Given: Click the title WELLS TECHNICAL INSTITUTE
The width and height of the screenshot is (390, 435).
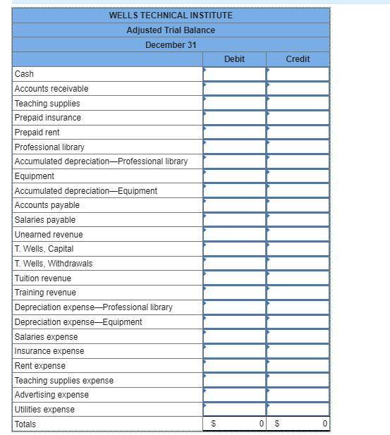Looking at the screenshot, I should click(171, 15).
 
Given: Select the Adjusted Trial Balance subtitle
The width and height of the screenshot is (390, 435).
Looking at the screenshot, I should click(171, 30).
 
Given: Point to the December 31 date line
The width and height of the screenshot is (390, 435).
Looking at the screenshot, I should click(171, 44).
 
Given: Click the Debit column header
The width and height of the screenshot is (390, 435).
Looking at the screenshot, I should click(234, 59).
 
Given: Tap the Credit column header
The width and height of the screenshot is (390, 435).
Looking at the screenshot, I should click(298, 59).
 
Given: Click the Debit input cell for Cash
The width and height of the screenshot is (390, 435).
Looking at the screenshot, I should click(234, 74).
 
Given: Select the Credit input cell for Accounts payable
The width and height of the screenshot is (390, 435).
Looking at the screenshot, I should click(298, 205).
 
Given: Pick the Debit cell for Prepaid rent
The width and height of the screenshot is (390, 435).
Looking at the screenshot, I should click(234, 132).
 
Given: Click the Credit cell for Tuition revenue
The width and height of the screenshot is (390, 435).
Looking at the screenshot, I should click(298, 278).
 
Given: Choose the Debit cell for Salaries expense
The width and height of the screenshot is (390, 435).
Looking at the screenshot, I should click(234, 336).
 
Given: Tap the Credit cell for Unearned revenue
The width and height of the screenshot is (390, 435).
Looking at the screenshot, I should click(298, 234).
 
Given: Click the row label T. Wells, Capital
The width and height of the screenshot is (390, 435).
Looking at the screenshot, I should click(44, 249).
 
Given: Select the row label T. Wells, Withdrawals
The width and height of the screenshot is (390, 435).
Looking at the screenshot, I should click(54, 264).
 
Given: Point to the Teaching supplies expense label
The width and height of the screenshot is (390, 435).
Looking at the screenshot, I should click(64, 381).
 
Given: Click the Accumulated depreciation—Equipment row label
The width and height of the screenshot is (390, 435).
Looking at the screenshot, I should click(86, 190).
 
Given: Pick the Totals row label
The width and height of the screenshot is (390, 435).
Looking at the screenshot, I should click(25, 424).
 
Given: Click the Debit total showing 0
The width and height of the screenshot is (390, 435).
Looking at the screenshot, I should click(234, 424).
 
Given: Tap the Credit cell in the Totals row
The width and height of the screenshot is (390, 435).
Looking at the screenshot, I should click(298, 424).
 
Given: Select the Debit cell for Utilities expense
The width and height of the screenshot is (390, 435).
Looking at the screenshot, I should click(234, 410).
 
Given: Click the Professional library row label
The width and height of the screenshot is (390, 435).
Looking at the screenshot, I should click(49, 147).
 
